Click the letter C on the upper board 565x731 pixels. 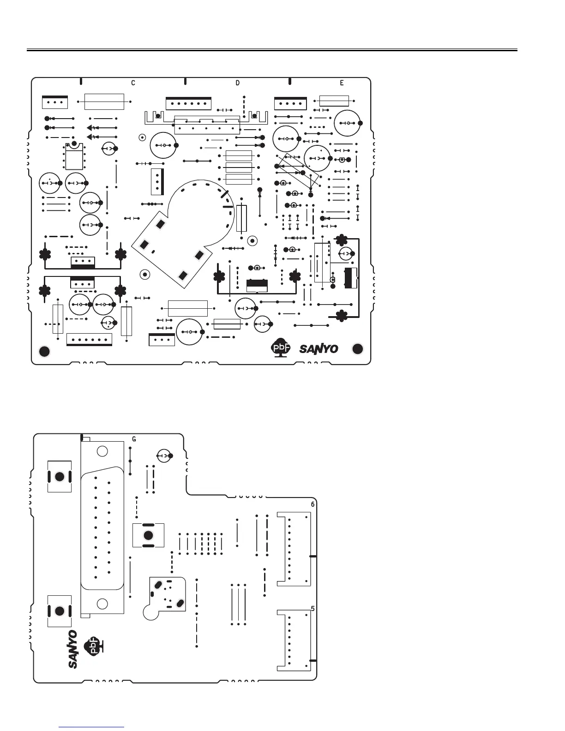[133, 83]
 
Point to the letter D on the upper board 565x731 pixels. [237, 83]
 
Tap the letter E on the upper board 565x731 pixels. [342, 83]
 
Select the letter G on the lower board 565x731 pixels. [134, 439]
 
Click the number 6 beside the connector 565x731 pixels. [313, 504]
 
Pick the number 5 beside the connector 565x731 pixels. [313, 609]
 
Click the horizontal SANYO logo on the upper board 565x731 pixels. [319, 349]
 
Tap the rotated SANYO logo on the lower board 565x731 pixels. [72, 649]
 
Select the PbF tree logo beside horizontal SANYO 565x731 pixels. [280, 349]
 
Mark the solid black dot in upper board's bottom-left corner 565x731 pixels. [44, 351]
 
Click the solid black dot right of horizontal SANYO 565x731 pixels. [358, 349]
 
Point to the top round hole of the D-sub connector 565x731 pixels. [103, 451]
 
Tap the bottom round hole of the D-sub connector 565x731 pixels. [103, 603]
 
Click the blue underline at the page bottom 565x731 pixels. [92, 727]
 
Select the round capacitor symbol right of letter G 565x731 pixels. [164, 455]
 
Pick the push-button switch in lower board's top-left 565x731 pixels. [60, 477]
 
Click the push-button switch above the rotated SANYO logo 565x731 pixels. [60, 611]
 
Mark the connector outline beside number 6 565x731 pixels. [294, 549]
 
